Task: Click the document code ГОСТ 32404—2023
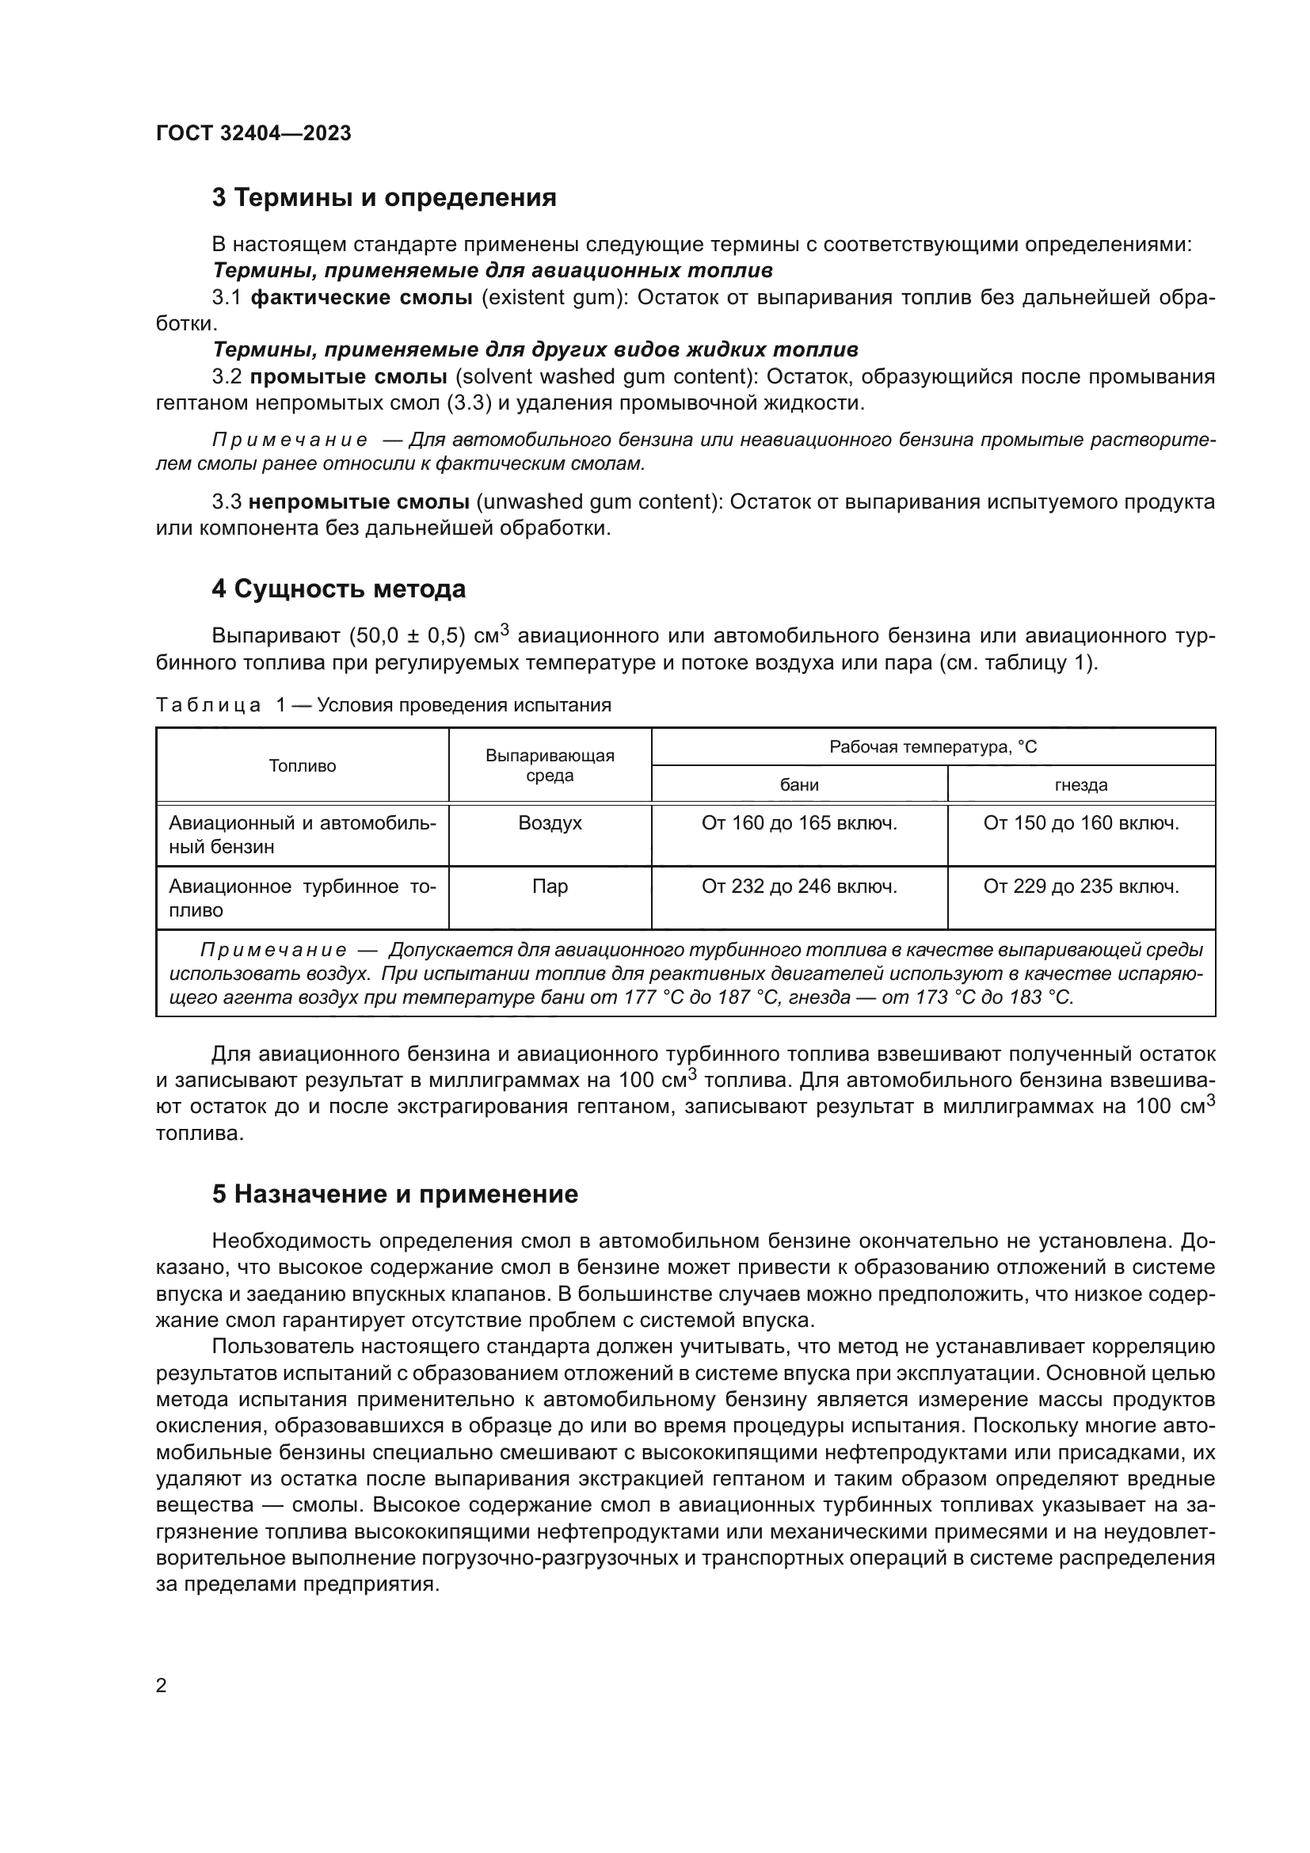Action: click(x=253, y=133)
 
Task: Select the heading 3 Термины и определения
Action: click(x=384, y=198)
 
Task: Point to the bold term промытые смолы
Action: click(x=348, y=377)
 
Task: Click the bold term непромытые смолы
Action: click(x=359, y=502)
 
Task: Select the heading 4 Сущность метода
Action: click(x=339, y=589)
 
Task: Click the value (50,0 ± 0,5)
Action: click(x=407, y=636)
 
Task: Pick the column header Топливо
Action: click(x=303, y=766)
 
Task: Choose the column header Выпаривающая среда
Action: click(x=550, y=765)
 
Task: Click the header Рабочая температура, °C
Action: click(x=932, y=747)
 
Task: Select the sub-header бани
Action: click(x=798, y=784)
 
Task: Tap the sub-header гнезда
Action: click(x=1081, y=784)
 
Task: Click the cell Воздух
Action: click(x=550, y=823)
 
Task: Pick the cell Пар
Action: click(x=550, y=886)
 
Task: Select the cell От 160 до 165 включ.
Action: click(x=798, y=823)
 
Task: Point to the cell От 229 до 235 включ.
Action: click(x=1081, y=886)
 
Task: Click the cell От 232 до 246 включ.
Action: click(x=798, y=886)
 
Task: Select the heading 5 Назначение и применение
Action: click(x=395, y=1195)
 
